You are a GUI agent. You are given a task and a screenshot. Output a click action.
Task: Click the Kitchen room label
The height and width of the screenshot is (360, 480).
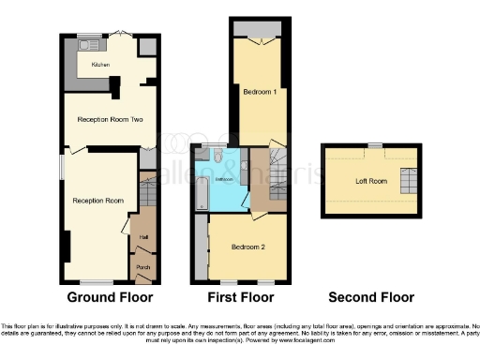click(x=100, y=65)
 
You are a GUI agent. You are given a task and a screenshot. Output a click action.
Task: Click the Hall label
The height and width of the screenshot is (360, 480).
click(x=143, y=237)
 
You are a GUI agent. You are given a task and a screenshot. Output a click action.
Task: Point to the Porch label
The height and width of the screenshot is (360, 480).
click(x=143, y=267)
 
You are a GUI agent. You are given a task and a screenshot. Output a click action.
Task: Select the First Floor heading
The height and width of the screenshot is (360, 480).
click(x=241, y=298)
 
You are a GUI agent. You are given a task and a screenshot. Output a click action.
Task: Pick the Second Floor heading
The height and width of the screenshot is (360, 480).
click(x=370, y=298)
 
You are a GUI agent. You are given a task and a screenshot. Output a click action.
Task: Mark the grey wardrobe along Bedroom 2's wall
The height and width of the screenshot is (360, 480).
click(x=201, y=247)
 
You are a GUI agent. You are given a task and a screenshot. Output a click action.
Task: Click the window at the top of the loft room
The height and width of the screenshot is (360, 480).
click(x=374, y=145)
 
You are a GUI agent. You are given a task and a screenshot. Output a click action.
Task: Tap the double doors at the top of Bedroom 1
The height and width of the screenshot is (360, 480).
click(x=261, y=41)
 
